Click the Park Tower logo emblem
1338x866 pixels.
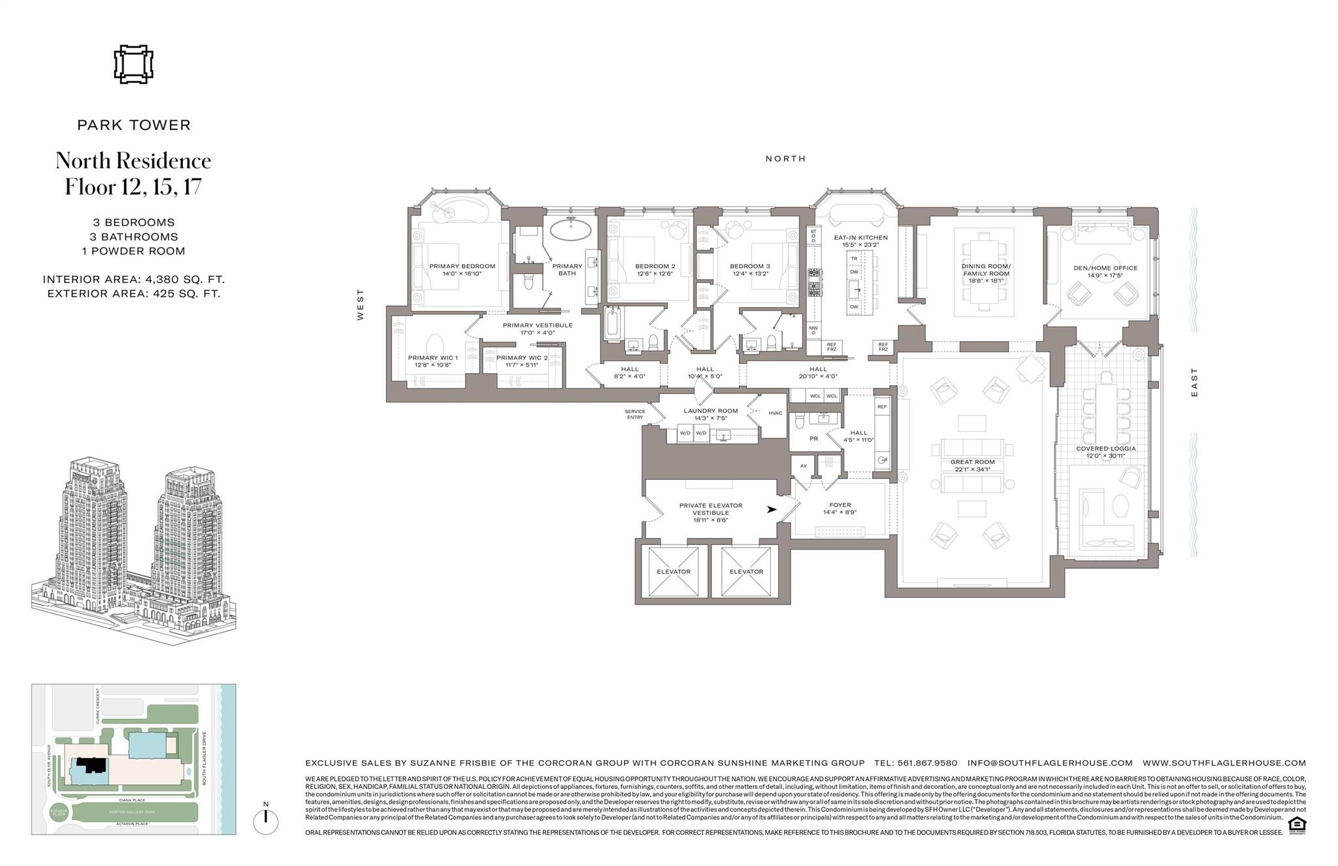click(133, 65)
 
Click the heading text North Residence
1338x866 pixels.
click(133, 161)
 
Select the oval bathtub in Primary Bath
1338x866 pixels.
click(572, 230)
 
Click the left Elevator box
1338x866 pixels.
click(673, 571)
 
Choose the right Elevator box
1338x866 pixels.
click(745, 571)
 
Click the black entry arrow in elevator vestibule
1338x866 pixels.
click(772, 509)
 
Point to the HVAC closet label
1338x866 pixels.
click(775, 413)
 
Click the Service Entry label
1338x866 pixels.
click(634, 414)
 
